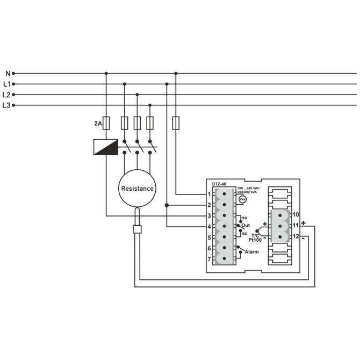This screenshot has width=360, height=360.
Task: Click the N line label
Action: pyautogui.click(x=8, y=73)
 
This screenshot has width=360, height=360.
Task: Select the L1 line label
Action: pyautogui.click(x=7, y=84)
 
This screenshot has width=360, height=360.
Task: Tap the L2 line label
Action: pyautogui.click(x=7, y=95)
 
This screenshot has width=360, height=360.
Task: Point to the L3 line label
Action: pyautogui.click(x=7, y=105)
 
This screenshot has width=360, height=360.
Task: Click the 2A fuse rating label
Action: pyautogui.click(x=98, y=124)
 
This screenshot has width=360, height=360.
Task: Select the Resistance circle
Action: pyautogui.click(x=137, y=188)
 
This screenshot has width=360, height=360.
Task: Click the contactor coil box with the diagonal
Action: pyautogui.click(x=106, y=147)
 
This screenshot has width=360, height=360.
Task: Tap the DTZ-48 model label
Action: pyautogui.click(x=219, y=184)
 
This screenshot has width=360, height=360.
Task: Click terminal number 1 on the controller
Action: pyautogui.click(x=209, y=194)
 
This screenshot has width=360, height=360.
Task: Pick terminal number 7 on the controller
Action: pyautogui.click(x=209, y=259)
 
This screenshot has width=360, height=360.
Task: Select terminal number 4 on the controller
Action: pyautogui.click(x=209, y=226)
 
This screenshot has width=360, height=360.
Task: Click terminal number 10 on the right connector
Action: pyautogui.click(x=296, y=214)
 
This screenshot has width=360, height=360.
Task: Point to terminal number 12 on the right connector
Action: pyautogui.click(x=296, y=236)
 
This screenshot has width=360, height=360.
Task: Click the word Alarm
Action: pyautogui.click(x=251, y=251)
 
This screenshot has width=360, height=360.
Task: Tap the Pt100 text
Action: pyautogui.click(x=255, y=241)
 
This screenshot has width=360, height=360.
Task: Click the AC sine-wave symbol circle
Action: pyautogui.click(x=242, y=199)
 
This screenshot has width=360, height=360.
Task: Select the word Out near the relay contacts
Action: pyautogui.click(x=246, y=225)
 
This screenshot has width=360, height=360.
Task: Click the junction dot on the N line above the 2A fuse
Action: pyautogui.click(x=106, y=73)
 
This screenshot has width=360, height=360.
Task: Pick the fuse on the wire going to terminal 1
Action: pyautogui.click(x=176, y=124)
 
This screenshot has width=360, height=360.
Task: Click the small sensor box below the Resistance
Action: pyautogui.click(x=137, y=229)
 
